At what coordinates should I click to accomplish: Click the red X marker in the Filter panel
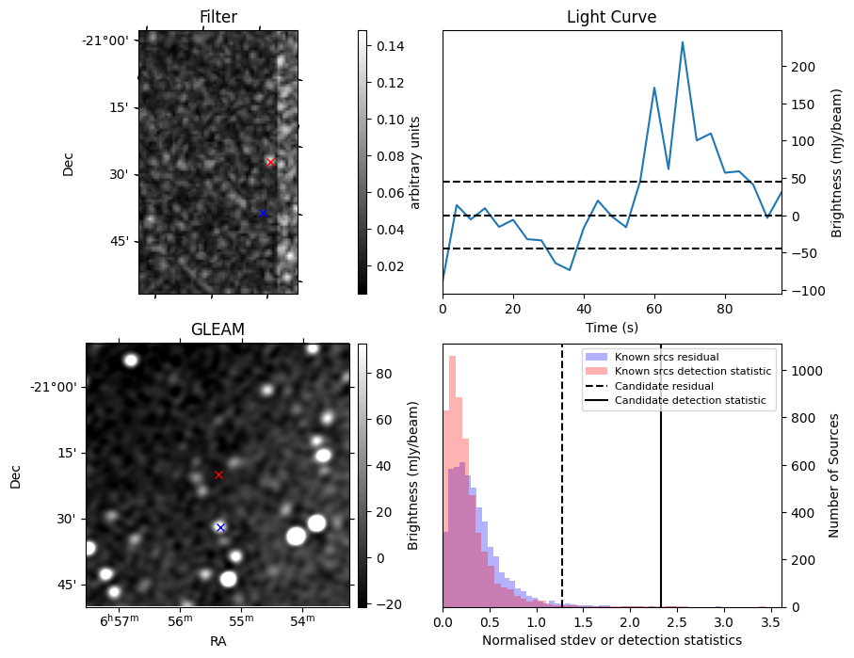pyautogui.click(x=270, y=162)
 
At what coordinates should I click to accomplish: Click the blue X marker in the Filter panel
pyautogui.click(x=263, y=214)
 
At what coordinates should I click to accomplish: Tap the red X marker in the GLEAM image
pyautogui.click(x=218, y=474)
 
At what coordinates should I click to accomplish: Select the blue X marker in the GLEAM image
pyautogui.click(x=220, y=527)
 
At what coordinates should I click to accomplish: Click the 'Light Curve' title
pyautogui.click(x=611, y=17)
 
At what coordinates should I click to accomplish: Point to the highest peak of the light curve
pyautogui.click(x=683, y=42)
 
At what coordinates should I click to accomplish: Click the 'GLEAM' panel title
pyautogui.click(x=218, y=329)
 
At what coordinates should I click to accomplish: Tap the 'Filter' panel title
pyautogui.click(x=218, y=17)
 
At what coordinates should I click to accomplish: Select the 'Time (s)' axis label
pyautogui.click(x=611, y=328)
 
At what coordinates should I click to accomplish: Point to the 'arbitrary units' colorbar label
pyautogui.click(x=415, y=162)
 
